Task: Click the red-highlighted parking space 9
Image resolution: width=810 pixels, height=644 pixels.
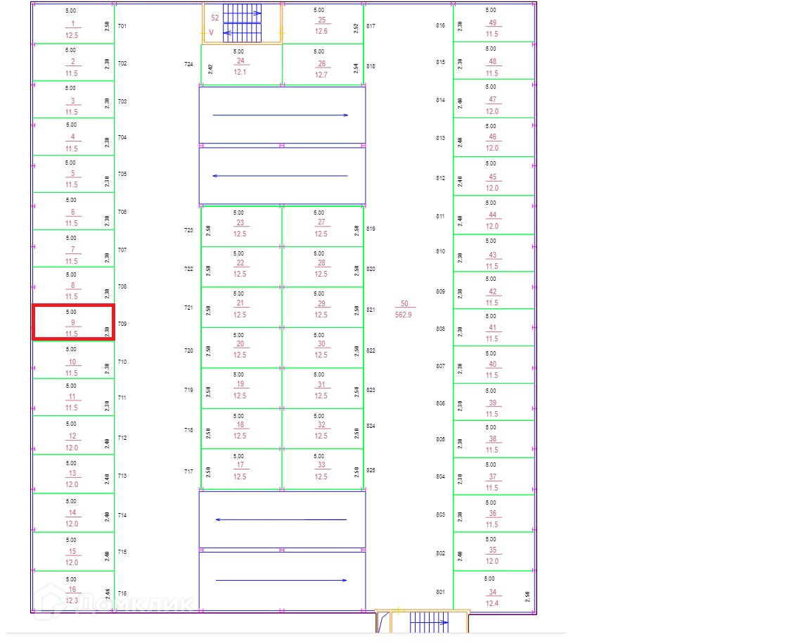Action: point(73,322)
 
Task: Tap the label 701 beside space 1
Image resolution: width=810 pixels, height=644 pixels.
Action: point(122,26)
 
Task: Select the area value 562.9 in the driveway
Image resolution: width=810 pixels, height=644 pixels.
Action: point(404,315)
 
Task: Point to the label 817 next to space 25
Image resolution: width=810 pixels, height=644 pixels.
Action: point(371,26)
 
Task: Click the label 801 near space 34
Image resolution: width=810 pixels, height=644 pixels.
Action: point(440,592)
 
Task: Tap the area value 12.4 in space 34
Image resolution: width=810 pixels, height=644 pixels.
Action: point(492,603)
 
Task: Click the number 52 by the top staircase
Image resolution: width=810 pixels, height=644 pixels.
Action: point(215,18)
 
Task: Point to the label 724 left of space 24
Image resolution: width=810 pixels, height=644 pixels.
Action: point(188,64)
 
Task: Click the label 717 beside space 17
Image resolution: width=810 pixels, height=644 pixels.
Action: point(188,472)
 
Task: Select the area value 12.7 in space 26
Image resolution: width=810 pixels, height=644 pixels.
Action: point(321,75)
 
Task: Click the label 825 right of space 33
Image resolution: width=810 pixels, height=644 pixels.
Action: point(371,470)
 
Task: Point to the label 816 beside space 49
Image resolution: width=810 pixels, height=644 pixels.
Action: point(440,25)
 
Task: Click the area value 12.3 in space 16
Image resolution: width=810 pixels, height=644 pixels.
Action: point(72,600)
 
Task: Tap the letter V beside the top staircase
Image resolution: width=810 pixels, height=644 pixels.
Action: point(211,32)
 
